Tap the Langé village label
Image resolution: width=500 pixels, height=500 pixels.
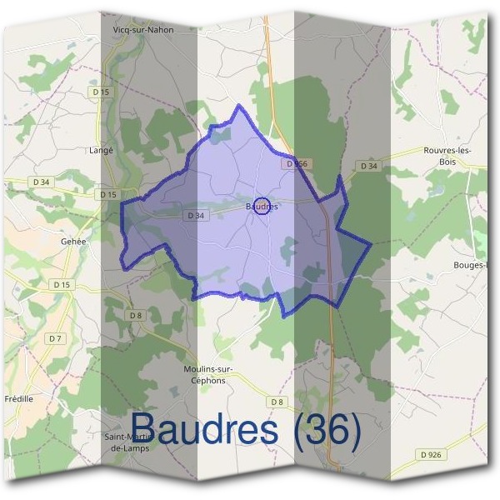point(101,151)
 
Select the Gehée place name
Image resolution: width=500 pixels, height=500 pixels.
point(73,241)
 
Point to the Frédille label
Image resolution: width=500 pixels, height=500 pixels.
point(17,398)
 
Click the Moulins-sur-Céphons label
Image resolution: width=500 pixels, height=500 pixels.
point(209,374)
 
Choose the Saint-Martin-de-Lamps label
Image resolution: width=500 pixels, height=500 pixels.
point(126,442)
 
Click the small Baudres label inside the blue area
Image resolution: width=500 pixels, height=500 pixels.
point(261,206)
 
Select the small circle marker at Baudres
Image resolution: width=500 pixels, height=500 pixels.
point(261,206)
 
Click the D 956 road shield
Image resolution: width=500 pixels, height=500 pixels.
point(297,165)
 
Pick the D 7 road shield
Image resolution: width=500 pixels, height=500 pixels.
point(56,338)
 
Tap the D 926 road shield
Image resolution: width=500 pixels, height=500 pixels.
point(430,454)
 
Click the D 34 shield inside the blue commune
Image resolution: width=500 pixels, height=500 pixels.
point(197,216)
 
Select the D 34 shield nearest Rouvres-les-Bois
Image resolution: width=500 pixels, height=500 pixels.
point(368,167)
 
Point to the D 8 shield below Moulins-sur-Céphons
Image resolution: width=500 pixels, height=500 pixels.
point(277,402)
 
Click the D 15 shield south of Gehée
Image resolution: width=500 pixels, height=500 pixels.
point(62,285)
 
